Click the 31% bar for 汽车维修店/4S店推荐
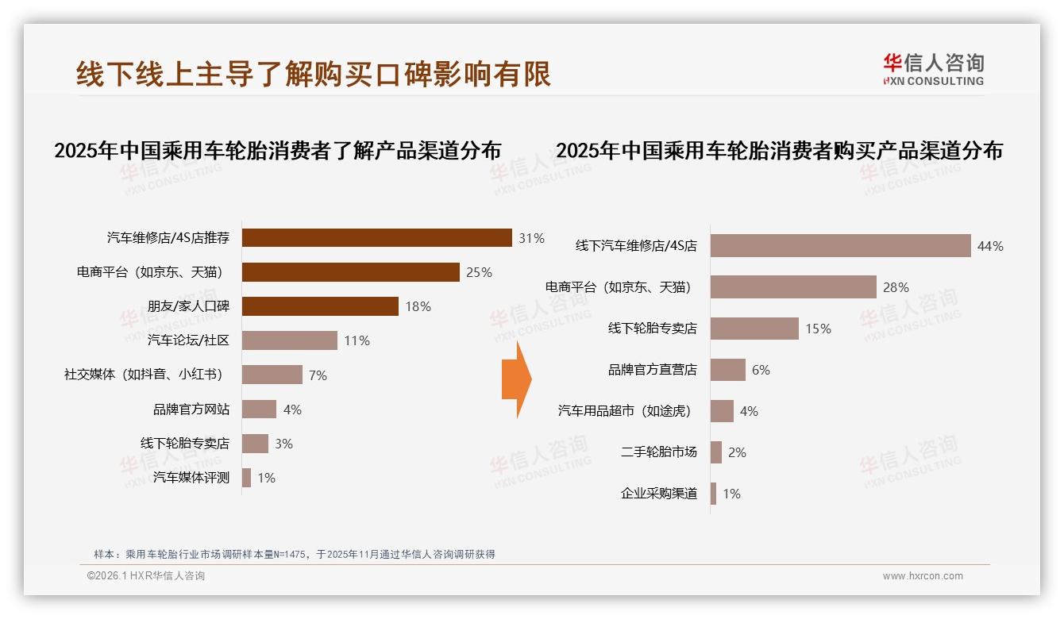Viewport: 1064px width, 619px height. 376,237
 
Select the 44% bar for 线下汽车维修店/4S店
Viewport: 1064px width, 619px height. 840,246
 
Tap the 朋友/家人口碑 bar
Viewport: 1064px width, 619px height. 320,306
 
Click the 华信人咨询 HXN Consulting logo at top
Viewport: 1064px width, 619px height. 933,69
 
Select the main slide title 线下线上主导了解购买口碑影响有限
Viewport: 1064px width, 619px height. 314,74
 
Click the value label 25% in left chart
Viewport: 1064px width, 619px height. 479,272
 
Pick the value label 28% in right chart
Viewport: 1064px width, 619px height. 896,287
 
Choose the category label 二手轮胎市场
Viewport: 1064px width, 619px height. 658,452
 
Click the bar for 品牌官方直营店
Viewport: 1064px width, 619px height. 727,370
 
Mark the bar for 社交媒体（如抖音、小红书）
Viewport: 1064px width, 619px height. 272,375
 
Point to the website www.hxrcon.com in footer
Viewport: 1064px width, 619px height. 923,576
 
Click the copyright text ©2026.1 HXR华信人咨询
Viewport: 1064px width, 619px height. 145,576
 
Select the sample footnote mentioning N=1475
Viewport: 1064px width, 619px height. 295,554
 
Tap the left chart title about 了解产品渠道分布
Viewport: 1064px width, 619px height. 277,151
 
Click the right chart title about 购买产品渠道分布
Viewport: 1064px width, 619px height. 779,151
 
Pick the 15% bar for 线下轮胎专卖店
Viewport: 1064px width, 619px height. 754,329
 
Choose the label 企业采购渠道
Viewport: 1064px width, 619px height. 658,494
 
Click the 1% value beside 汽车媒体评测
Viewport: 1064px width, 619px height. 267,478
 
